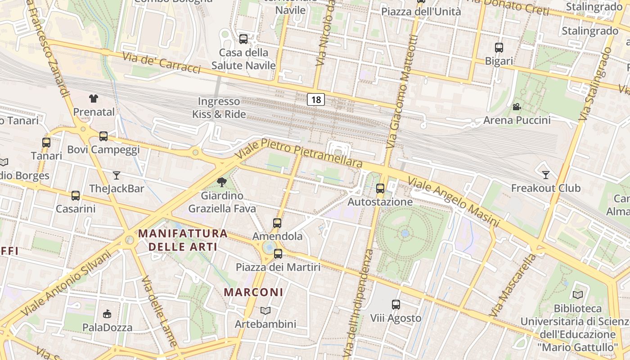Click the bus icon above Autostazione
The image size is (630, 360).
pos(380,189)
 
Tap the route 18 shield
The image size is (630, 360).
pos(316,99)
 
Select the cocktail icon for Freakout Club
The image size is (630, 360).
pos(546,175)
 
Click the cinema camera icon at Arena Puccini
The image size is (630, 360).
pos(517,107)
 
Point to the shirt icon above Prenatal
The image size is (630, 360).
pos(94,99)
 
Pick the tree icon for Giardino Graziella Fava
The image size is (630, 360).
pos(221,182)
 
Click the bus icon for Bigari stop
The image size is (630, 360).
pos(499,48)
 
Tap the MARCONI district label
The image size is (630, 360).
pos(254,292)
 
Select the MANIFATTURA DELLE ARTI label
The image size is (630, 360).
pos(183,240)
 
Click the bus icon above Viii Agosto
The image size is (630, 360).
pos(396,305)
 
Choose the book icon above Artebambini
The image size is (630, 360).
pos(265,310)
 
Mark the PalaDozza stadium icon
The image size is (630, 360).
pos(107,314)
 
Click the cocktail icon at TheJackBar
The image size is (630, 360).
pos(117,175)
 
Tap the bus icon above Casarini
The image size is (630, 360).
pos(76,196)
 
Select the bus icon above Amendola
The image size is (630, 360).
pos(277,223)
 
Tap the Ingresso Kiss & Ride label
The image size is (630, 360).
pos(219,108)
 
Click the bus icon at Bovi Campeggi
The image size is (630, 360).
pos(103,136)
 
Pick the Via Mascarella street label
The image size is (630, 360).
pos(513,285)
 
